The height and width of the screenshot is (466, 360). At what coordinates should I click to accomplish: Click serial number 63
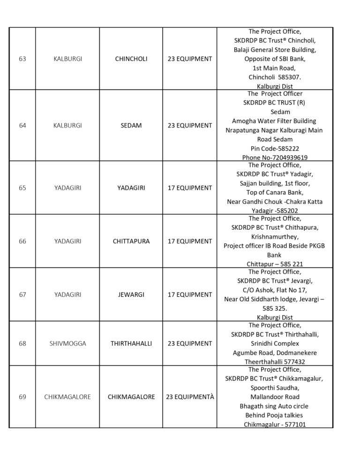pyautogui.click(x=22, y=59)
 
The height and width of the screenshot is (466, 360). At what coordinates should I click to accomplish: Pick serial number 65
pyautogui.click(x=22, y=188)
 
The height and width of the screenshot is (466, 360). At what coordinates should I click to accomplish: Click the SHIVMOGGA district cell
pyautogui.click(x=67, y=344)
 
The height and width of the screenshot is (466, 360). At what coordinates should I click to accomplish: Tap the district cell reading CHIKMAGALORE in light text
pyautogui.click(x=67, y=397)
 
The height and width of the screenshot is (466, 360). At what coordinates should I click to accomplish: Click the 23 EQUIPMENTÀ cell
pyautogui.click(x=189, y=397)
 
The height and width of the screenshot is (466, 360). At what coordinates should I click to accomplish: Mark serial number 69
pyautogui.click(x=22, y=397)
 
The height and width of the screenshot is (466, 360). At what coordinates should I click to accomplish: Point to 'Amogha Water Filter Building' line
pyautogui.click(x=274, y=121)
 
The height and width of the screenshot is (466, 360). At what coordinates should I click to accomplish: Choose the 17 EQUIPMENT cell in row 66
pyautogui.click(x=189, y=241)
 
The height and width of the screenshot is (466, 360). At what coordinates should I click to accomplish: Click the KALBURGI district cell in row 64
pyautogui.click(x=67, y=126)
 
